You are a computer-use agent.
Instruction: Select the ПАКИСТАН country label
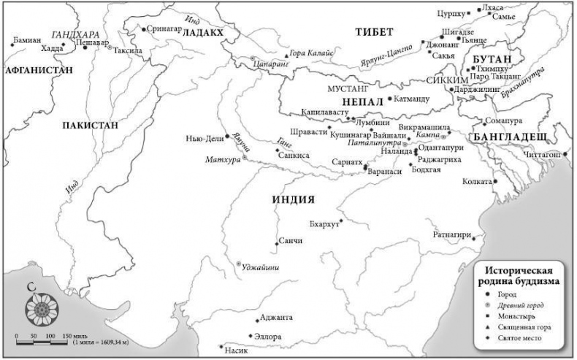90,125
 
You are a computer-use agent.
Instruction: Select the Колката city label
477,181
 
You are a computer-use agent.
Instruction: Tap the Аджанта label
276,318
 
